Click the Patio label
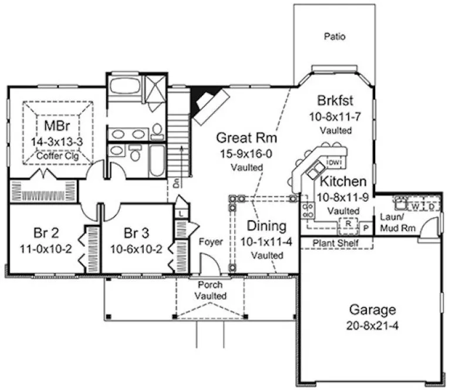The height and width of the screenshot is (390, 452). point(334,36)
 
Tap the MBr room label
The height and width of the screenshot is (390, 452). point(56,127)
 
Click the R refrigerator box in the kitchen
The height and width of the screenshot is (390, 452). point(348,224)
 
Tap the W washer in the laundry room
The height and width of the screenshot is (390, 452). point(415,206)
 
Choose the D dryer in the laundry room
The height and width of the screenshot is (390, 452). point(431,206)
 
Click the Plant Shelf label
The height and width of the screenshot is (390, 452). point(335,243)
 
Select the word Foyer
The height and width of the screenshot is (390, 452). point(210,241)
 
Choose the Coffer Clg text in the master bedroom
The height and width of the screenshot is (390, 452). point(56,156)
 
